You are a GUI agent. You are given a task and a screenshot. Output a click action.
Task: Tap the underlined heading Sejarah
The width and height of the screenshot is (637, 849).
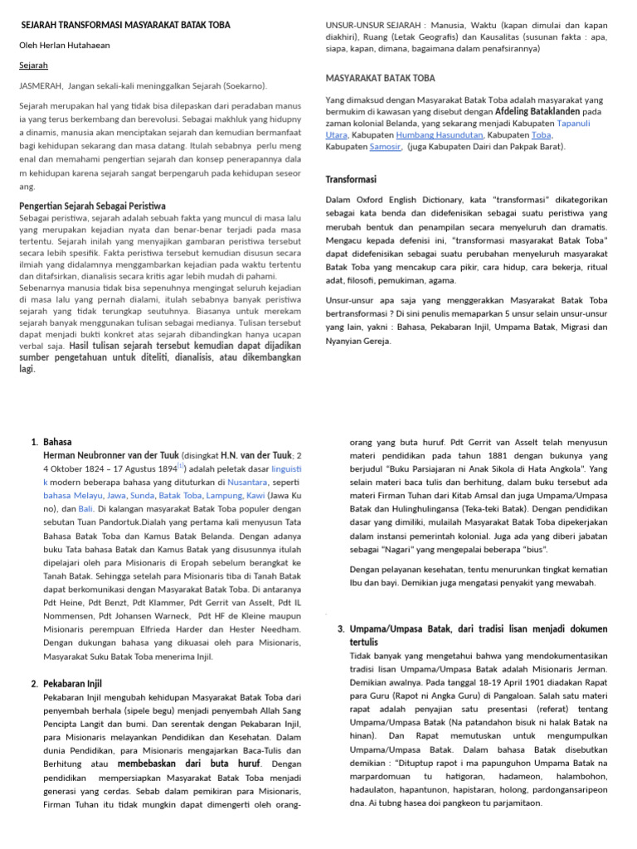coord(33,65)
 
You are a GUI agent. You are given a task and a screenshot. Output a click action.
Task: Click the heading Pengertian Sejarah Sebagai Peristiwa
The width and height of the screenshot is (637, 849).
coord(92,206)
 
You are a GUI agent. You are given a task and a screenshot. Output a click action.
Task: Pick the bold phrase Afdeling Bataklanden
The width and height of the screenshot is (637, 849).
coord(537,111)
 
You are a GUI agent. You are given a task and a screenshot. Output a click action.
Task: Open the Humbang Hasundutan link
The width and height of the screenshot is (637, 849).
coord(440,134)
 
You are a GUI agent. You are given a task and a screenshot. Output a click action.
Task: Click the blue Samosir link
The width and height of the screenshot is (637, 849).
coord(386,147)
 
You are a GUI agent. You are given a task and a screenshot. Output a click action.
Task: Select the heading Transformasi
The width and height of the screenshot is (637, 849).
coord(351,179)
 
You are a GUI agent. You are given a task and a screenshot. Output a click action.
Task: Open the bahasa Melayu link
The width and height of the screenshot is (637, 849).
coord(68,495)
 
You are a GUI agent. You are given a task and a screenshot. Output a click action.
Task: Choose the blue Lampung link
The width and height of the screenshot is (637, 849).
coord(223,495)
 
